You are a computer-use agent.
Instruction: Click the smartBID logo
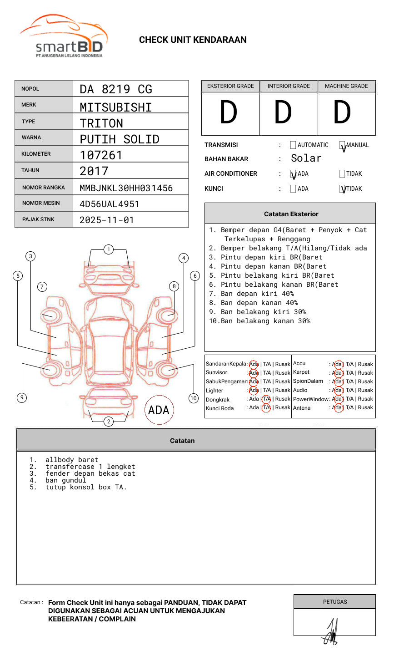(x=64, y=36)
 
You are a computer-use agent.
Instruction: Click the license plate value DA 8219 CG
(x=116, y=89)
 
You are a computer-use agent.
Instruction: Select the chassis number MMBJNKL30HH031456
(x=126, y=188)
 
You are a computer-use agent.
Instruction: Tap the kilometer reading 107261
(x=101, y=155)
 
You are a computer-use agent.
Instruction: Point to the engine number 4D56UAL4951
(x=110, y=204)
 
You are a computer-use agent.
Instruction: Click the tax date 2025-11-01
(x=107, y=220)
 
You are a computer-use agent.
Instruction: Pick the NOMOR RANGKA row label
(x=44, y=188)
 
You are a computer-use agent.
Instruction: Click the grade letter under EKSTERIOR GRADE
(x=229, y=112)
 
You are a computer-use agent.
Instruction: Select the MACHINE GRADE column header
(x=346, y=86)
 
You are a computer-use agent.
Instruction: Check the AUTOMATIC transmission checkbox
(x=293, y=145)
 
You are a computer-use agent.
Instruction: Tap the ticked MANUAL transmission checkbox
(x=343, y=146)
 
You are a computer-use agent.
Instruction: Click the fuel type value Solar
(x=306, y=158)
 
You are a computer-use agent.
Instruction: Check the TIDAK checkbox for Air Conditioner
(x=342, y=173)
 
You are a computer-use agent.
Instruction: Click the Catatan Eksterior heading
(x=291, y=214)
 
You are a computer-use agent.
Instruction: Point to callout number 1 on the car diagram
(x=108, y=249)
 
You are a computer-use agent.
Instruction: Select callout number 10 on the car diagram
(x=194, y=398)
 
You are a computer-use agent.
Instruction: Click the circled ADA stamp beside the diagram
(x=159, y=410)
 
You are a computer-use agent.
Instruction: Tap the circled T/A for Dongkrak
(x=266, y=399)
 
